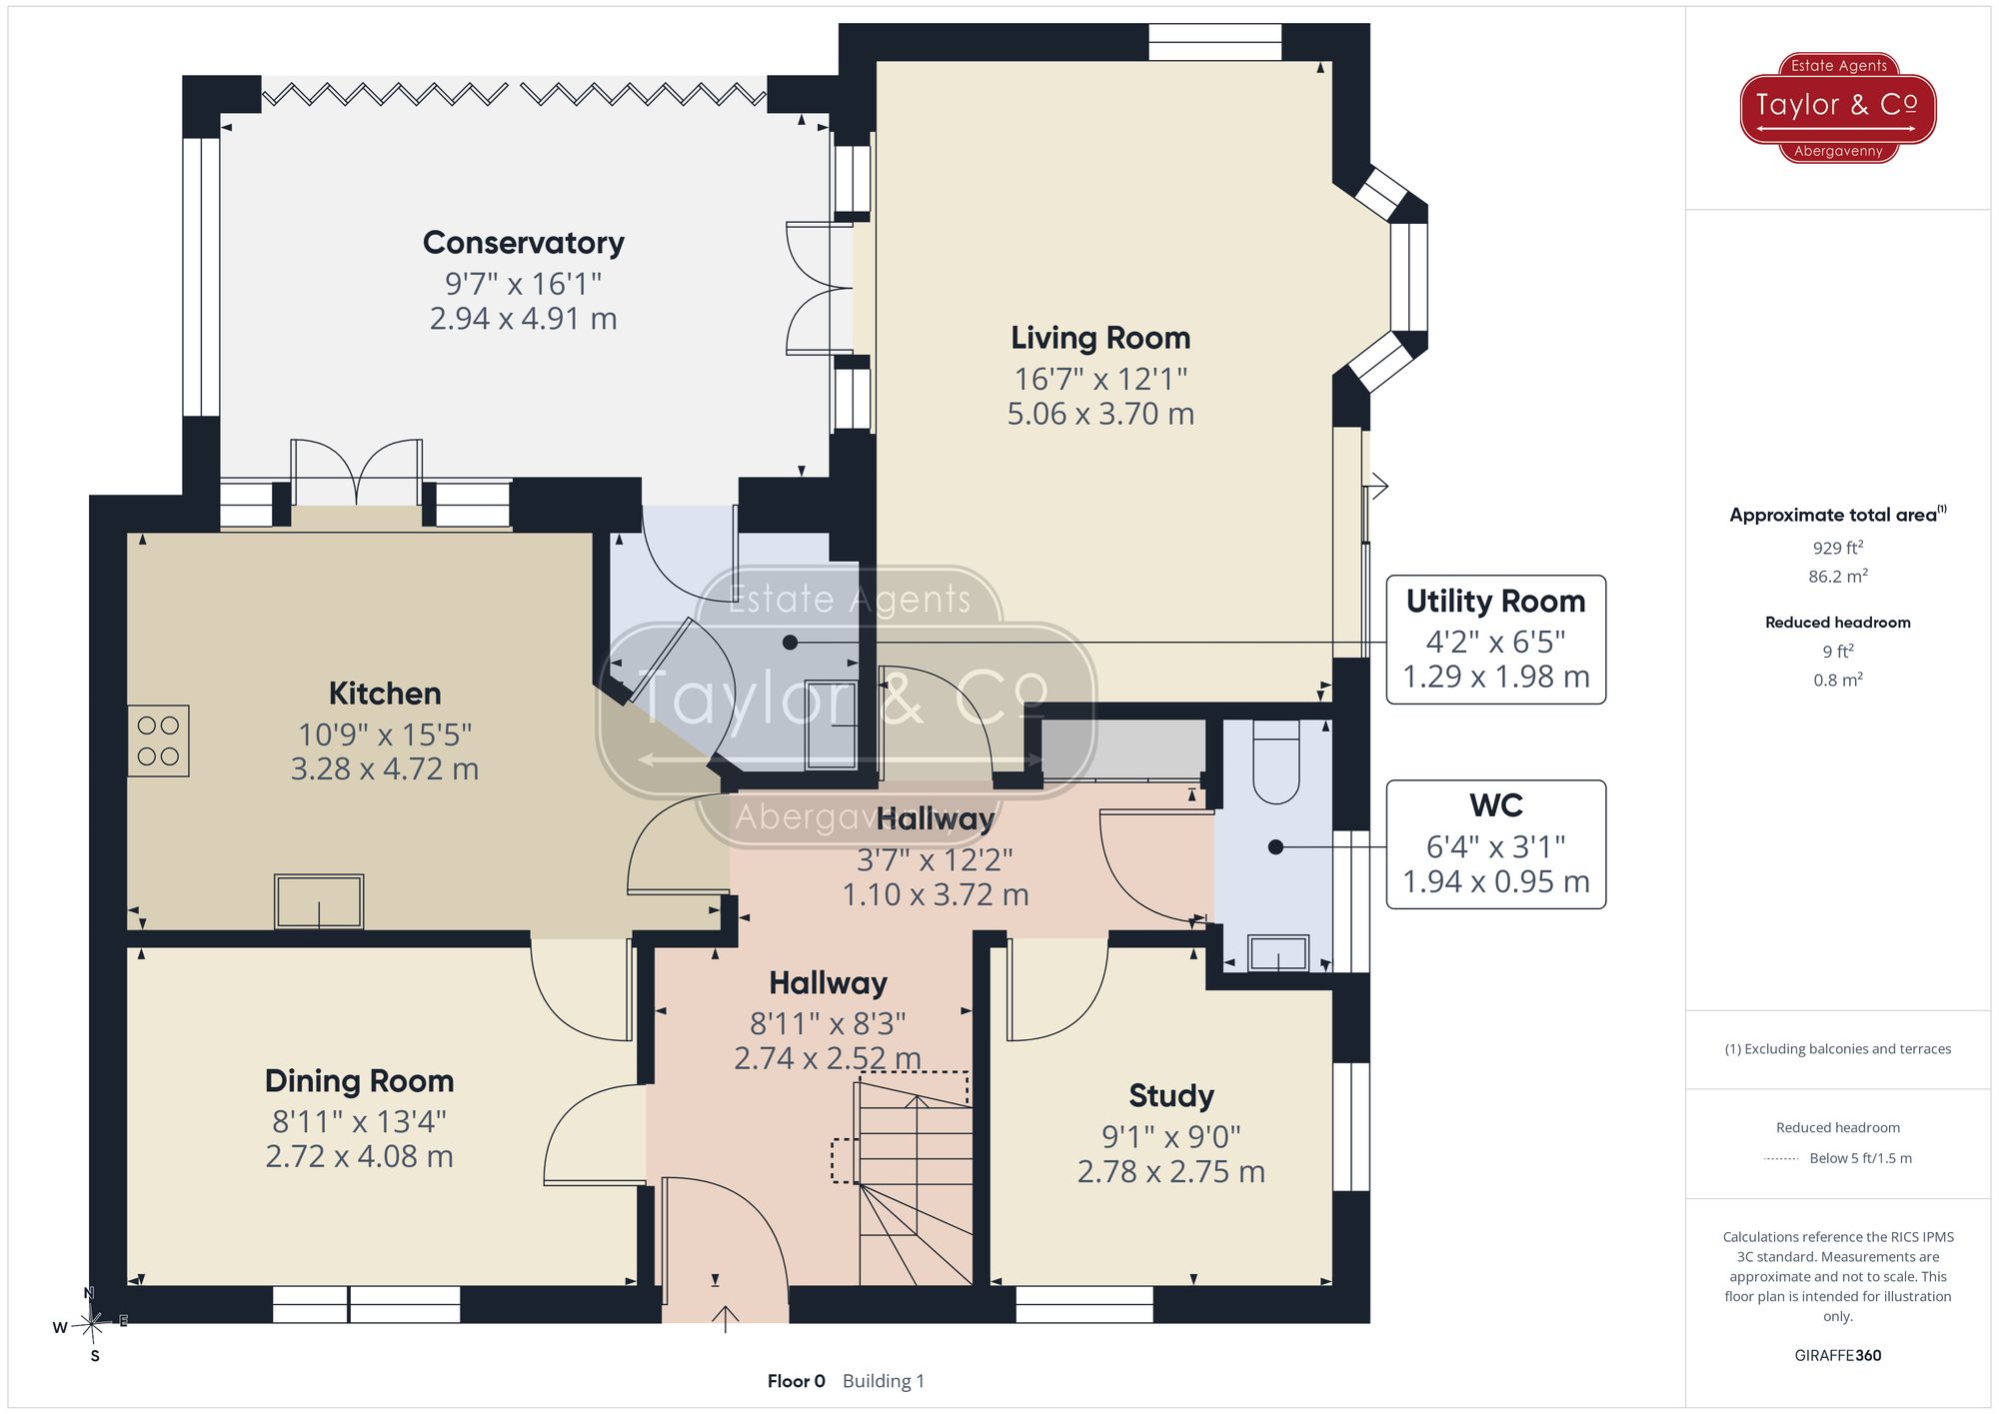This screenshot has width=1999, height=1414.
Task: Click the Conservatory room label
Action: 524,243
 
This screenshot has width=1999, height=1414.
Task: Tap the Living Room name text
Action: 1100,338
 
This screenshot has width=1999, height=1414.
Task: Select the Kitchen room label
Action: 385,694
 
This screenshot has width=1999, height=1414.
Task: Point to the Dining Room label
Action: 360,1081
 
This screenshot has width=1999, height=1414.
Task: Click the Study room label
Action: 1171,1096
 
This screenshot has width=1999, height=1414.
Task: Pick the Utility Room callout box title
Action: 1495,601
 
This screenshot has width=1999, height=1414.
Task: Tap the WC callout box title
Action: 1496,805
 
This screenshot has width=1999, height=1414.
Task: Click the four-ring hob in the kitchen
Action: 158,741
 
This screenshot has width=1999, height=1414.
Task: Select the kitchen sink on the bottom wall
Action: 319,900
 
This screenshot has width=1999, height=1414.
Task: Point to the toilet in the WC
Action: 1275,761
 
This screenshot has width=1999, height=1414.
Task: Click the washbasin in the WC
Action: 1278,953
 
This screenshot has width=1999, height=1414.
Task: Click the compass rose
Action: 91,1325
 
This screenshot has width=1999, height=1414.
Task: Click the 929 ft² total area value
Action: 1838,548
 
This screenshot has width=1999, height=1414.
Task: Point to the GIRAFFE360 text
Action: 1838,1356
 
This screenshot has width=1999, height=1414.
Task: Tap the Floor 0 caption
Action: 797,1381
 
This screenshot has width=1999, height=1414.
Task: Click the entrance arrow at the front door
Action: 725,1319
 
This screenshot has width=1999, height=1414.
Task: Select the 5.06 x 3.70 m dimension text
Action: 1100,414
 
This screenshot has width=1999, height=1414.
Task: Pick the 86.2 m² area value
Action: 1838,577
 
